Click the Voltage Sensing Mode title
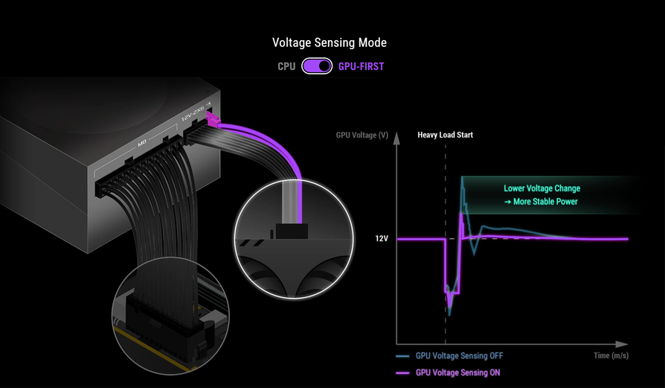[x=329, y=43]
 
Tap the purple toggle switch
[x=317, y=66]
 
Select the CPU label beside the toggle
[x=286, y=66]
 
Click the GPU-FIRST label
[x=361, y=66]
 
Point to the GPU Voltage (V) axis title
[x=362, y=135]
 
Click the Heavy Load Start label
[x=445, y=135]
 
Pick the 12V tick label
[x=382, y=238]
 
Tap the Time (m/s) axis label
[x=611, y=356]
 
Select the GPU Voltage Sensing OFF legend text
[x=459, y=356]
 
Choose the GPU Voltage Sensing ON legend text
[x=457, y=372]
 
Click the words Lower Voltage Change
[x=542, y=188]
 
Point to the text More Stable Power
[x=545, y=202]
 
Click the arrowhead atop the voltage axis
[x=396, y=138]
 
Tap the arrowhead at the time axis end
[x=622, y=344]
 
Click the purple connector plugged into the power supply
[x=212, y=119]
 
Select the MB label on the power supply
[x=142, y=144]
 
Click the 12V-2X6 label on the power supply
[x=193, y=113]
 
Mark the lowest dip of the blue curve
[x=449, y=314]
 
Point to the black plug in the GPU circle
[x=292, y=232]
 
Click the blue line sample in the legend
[x=402, y=356]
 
